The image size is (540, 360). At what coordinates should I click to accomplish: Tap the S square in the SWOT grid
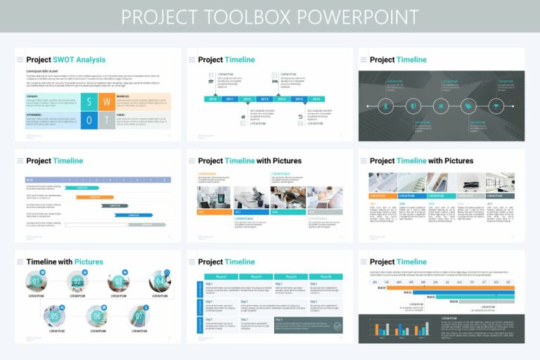tap(89, 101)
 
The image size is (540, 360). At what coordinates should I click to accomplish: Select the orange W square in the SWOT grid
tap(105, 101)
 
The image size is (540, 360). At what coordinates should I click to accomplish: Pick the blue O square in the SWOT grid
tap(89, 120)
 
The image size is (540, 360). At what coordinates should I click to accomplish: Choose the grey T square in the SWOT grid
tap(105, 120)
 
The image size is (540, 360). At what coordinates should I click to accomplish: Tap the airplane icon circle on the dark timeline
tap(441, 106)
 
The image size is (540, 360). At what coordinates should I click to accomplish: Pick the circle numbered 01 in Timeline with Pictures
tap(37, 282)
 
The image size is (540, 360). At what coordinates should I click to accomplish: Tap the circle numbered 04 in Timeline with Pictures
tap(159, 282)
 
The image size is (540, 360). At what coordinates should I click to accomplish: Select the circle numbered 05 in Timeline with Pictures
tap(54, 316)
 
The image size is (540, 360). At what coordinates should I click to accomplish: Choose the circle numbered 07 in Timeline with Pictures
tap(139, 316)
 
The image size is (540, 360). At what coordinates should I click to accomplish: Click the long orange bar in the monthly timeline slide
tap(450, 288)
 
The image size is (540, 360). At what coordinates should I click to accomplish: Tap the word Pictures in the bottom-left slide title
tap(89, 262)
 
